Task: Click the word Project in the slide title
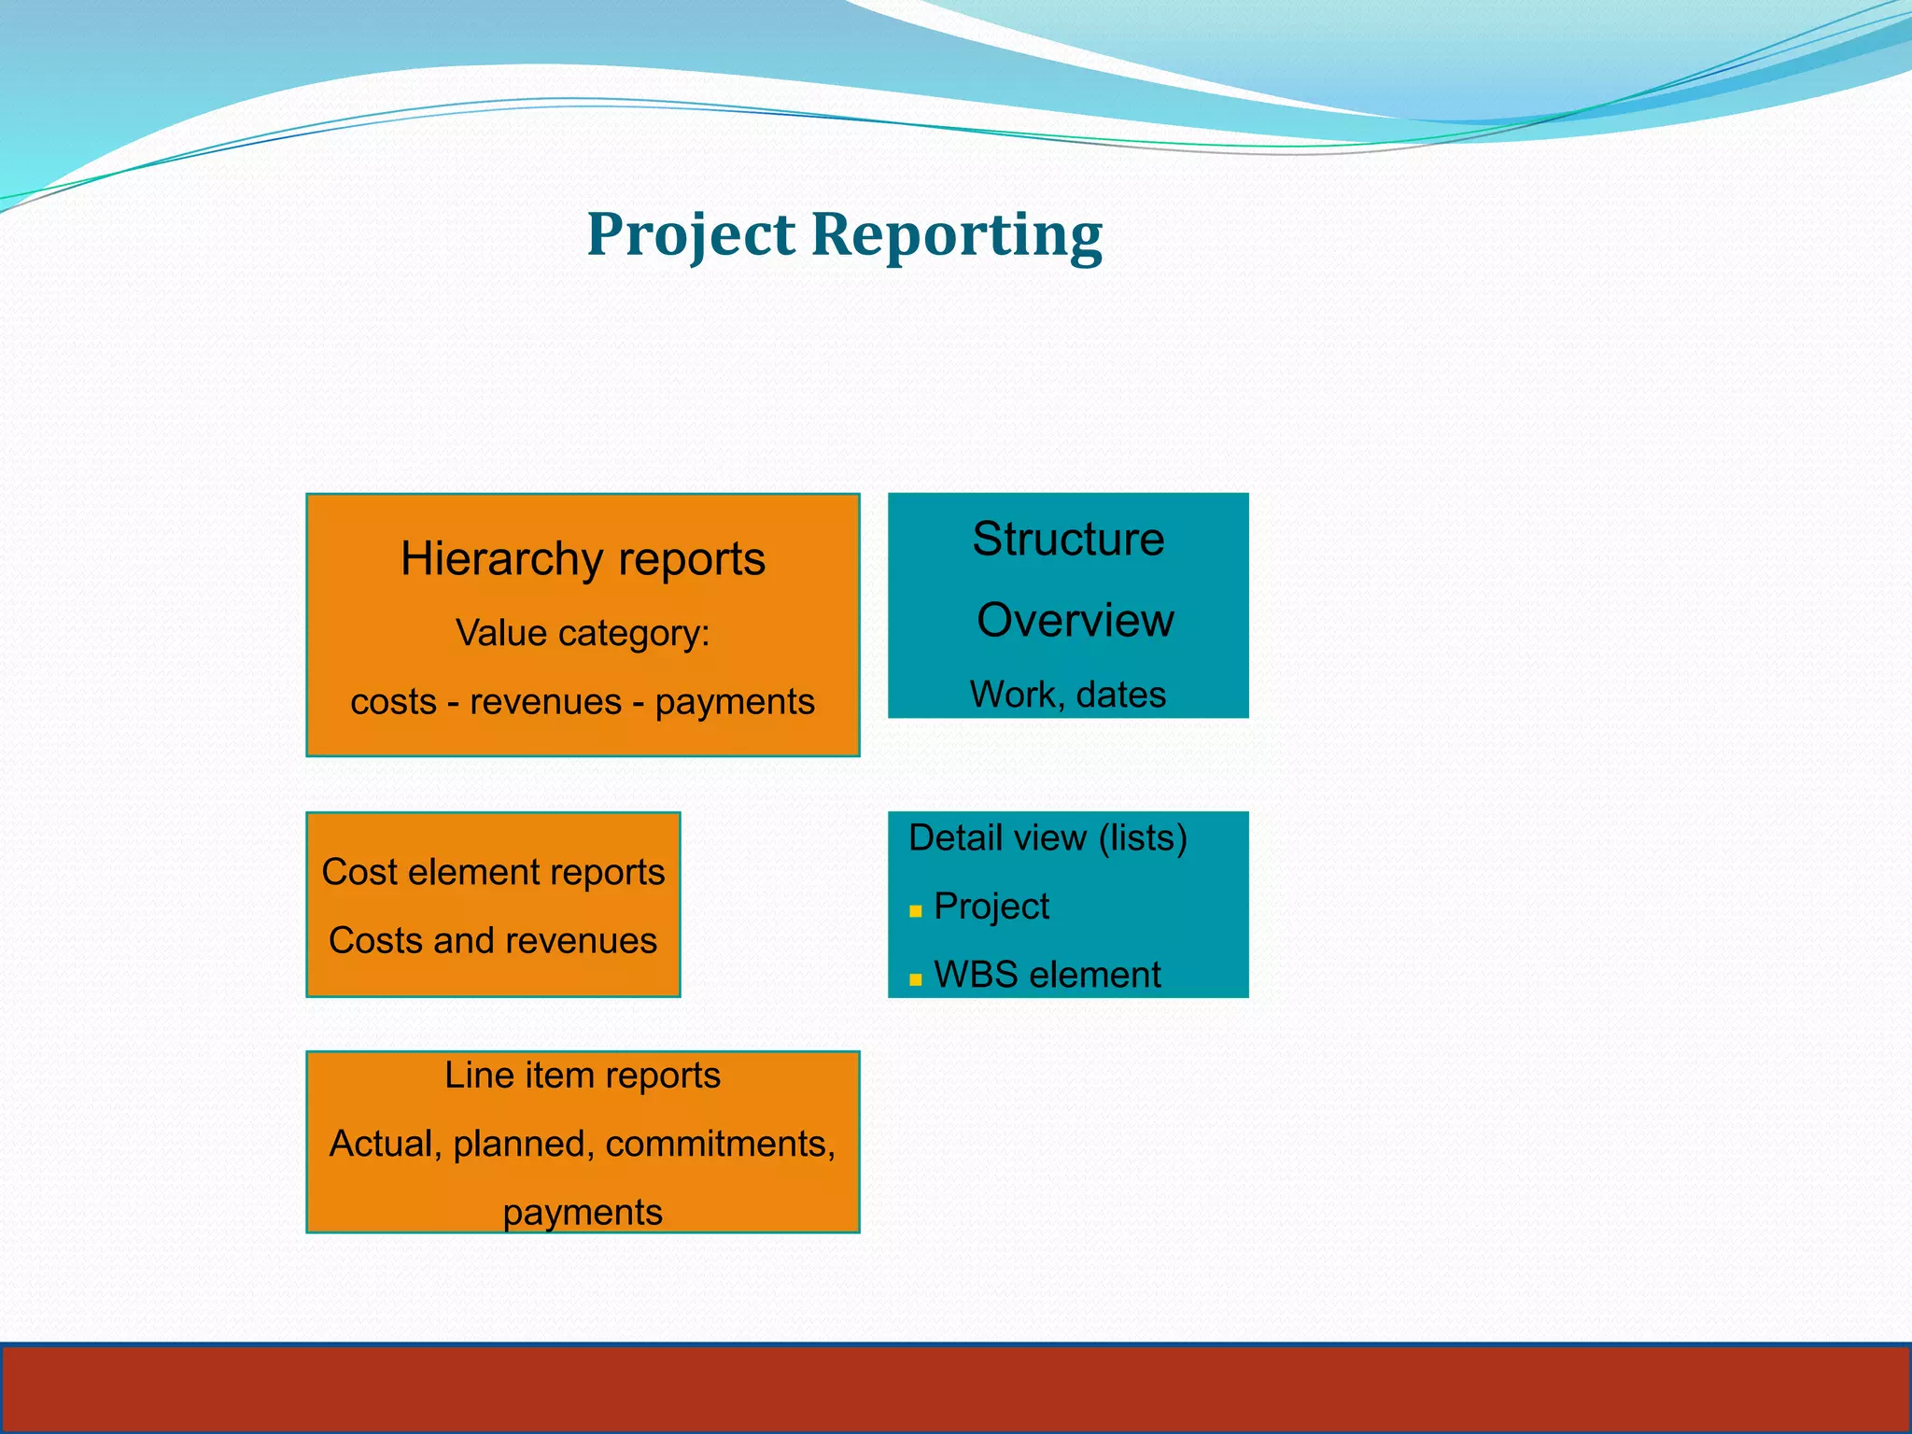[x=691, y=235]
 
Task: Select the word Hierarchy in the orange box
[x=501, y=560]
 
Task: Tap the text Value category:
[x=583, y=634]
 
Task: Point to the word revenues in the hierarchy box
[x=545, y=702]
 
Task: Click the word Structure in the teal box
[x=1068, y=540]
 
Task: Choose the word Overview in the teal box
[x=1075, y=621]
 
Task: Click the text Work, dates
[x=1068, y=696]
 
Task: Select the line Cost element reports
[x=493, y=872]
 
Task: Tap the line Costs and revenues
[x=493, y=941]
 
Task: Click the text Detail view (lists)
[x=1047, y=838]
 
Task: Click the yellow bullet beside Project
[x=916, y=911]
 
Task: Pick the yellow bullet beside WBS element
[x=916, y=979]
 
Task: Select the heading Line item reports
[x=583, y=1075]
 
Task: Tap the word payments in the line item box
[x=583, y=1213]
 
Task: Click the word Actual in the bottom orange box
[x=385, y=1145]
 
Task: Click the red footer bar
[x=956, y=1388]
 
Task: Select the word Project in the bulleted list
[x=991, y=907]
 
